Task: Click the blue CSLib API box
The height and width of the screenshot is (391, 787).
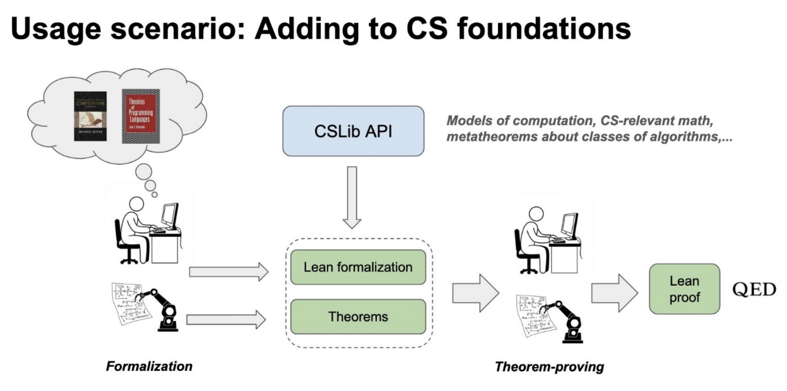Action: point(353,131)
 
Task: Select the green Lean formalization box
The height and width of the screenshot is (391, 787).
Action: point(358,267)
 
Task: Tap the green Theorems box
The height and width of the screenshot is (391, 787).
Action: point(358,317)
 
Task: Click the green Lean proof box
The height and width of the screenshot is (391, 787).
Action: point(684,289)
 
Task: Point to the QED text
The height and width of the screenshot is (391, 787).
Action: point(754,289)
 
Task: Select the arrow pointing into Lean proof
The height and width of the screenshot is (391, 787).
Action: point(614,293)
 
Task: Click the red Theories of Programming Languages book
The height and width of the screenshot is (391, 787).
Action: point(141,117)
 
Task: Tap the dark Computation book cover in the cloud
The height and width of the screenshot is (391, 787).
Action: point(90,116)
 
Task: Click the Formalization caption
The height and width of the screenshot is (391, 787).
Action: point(149,366)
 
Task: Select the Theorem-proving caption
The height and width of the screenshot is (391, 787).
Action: point(549,367)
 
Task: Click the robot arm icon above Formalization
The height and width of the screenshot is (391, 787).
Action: point(162,309)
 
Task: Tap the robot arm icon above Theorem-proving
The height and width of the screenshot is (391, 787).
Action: point(566,318)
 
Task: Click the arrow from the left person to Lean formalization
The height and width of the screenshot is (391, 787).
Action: point(228,271)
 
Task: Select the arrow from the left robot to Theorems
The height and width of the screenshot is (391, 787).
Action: point(226,320)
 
